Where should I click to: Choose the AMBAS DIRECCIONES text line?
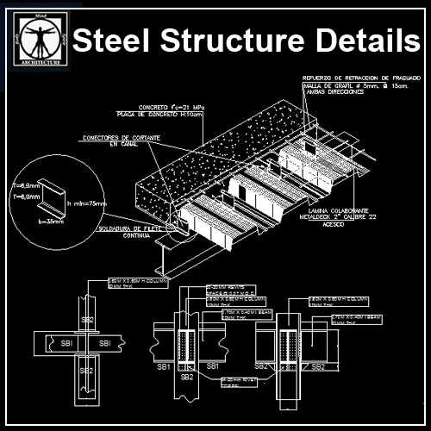point(332,91)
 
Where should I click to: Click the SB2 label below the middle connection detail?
point(185,377)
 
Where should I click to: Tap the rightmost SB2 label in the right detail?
point(317,366)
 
